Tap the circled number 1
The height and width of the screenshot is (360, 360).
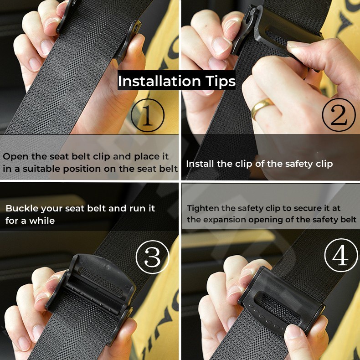pos(148,115)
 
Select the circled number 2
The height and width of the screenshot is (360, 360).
pos(339,115)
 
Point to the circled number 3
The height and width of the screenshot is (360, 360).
pos(153,257)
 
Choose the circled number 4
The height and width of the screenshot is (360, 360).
pos(341,255)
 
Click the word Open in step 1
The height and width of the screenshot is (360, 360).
pos(15,157)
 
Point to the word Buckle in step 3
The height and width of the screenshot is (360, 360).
pos(22,208)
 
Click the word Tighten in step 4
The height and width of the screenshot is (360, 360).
pos(203,209)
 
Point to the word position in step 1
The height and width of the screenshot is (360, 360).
pos(82,169)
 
